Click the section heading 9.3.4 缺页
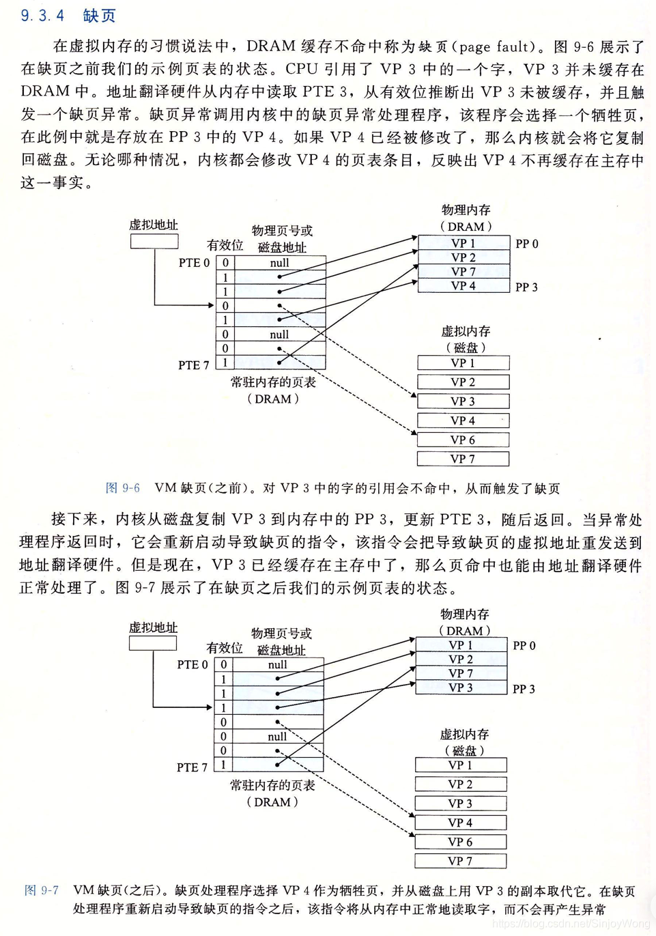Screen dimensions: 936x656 (x=68, y=15)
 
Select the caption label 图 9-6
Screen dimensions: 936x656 (x=123, y=488)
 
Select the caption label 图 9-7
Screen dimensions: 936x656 (x=42, y=890)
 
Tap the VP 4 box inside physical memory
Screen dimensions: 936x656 (x=464, y=286)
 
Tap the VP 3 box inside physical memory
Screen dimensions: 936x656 (x=461, y=687)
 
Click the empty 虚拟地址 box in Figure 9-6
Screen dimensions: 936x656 (x=154, y=241)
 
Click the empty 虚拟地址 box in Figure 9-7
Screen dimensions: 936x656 (x=153, y=643)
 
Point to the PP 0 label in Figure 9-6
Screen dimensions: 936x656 (x=527, y=244)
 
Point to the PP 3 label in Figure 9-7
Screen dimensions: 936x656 (x=524, y=689)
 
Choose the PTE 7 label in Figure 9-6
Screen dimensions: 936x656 (x=194, y=365)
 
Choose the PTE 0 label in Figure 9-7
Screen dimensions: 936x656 (x=192, y=664)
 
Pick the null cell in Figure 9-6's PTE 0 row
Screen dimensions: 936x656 (x=280, y=263)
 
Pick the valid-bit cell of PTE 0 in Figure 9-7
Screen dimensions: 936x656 (x=223, y=664)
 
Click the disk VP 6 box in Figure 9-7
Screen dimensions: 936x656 (x=461, y=842)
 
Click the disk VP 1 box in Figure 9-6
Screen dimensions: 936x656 (x=464, y=363)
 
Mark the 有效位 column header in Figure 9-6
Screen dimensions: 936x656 (x=225, y=245)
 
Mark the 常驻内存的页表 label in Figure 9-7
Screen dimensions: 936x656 (x=272, y=785)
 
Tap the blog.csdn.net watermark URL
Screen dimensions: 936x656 (x=571, y=924)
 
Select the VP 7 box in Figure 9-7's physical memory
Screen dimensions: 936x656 (x=461, y=673)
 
